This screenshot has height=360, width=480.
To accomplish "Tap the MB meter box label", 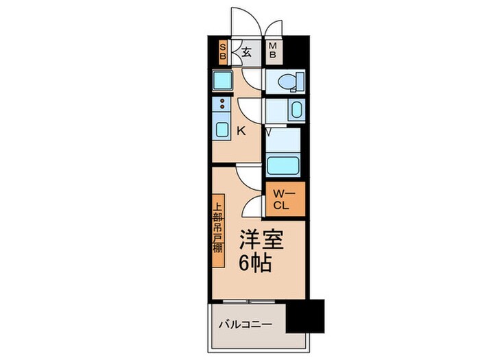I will click(272, 50).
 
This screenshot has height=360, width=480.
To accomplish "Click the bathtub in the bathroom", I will click(283, 165).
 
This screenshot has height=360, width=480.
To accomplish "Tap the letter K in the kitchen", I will click(241, 130).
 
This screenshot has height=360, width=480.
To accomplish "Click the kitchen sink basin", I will click(223, 128).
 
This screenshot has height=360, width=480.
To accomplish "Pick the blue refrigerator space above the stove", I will click(222, 81).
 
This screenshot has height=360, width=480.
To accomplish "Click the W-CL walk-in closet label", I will click(285, 200).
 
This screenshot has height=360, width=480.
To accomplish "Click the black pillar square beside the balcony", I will click(304, 317).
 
